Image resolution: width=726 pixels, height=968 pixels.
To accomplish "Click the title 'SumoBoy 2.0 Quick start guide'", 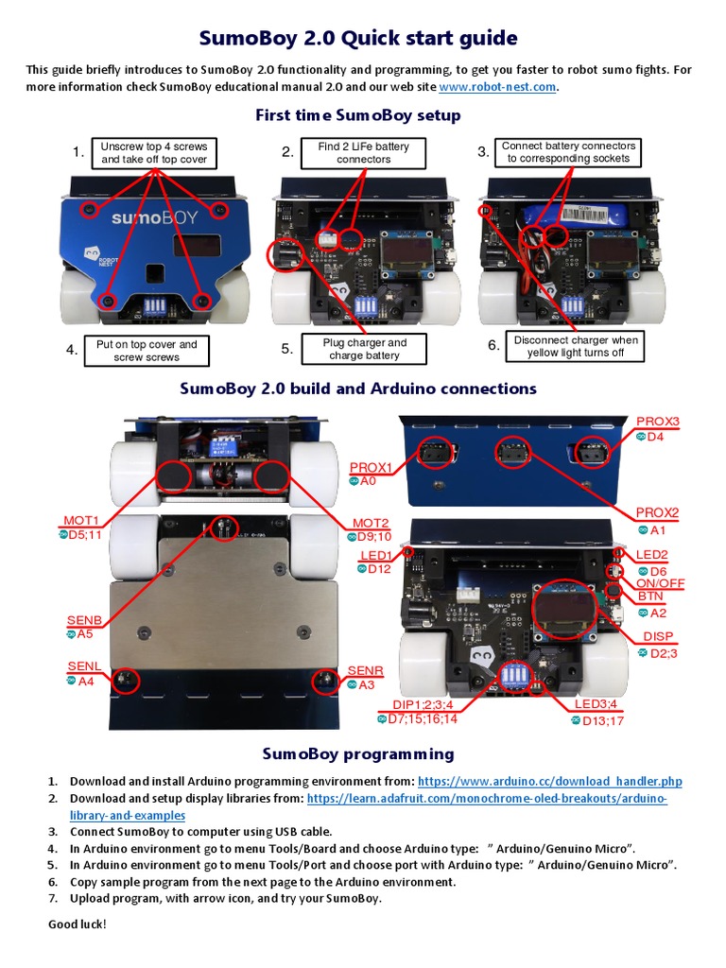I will click(358, 38).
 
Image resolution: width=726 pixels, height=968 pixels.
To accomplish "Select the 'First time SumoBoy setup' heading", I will click(357, 115).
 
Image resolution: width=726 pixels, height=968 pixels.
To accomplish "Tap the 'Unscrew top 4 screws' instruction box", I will click(153, 153).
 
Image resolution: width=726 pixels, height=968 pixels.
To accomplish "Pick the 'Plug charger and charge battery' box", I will click(365, 349).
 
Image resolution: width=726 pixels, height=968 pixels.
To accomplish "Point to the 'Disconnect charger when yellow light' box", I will click(576, 346).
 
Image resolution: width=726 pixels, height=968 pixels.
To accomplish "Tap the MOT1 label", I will click(81, 521).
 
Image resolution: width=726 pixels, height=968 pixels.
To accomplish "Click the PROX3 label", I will click(657, 422).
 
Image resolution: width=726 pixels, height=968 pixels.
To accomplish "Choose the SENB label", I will click(83, 620).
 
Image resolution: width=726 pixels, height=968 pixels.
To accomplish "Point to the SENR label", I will click(365, 670).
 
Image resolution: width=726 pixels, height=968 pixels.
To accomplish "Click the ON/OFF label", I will click(660, 583).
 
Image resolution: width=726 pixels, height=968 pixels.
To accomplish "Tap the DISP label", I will click(659, 637).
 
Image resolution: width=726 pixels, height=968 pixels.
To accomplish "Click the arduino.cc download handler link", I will click(549, 782).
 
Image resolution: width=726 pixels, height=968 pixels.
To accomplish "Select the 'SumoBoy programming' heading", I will click(357, 754).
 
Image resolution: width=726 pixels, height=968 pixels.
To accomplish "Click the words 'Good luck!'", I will click(78, 924).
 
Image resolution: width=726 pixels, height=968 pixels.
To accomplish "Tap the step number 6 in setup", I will click(493, 346).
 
